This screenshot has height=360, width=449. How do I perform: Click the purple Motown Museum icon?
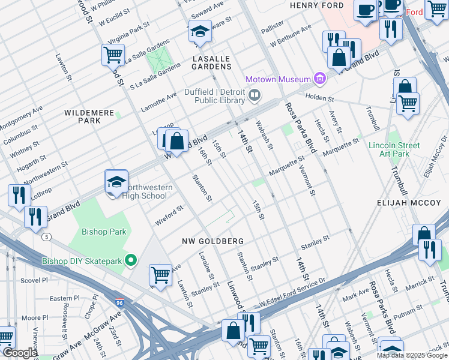[x=320, y=79]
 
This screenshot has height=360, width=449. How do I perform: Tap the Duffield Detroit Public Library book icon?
[x=255, y=95]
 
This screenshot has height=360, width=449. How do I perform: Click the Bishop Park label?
[x=103, y=232]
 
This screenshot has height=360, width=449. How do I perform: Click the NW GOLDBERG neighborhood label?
[x=213, y=241]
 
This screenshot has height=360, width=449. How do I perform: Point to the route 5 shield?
[x=46, y=237]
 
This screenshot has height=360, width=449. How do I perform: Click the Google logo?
[x=20, y=353]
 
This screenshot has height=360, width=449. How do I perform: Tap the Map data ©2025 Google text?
[x=411, y=355]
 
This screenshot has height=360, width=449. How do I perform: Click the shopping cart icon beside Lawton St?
[x=160, y=275]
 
